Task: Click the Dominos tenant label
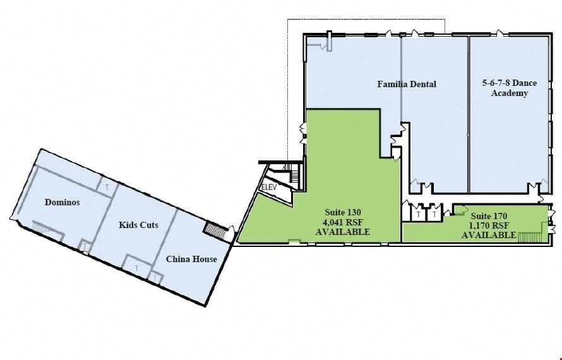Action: pos(63,202)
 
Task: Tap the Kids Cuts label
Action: pos(138,225)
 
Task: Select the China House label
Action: pos(191,259)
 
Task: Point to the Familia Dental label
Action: pos(407,84)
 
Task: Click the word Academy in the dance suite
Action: pos(510,93)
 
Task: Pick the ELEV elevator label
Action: pos(269,187)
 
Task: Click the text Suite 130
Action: pos(343,212)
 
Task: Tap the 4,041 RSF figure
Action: pos(343,222)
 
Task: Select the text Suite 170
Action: pos(489,216)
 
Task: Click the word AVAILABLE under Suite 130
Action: pos(343,232)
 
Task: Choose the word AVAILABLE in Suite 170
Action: pos(489,235)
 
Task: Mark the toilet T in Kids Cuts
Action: pos(136,268)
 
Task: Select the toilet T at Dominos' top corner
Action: pos(107,187)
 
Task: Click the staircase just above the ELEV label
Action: pos(294,176)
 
